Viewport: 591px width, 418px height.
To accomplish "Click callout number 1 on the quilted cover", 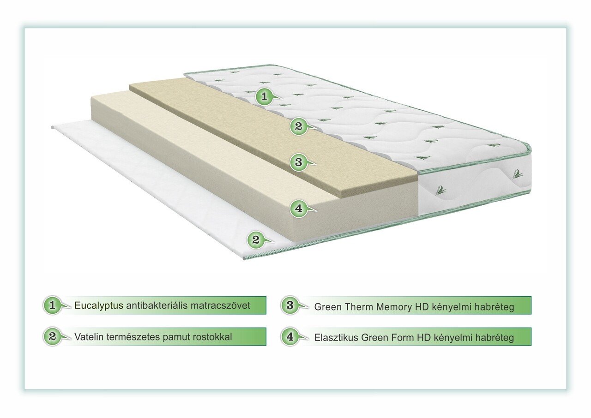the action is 264,97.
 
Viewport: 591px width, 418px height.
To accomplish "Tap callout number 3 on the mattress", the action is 298,162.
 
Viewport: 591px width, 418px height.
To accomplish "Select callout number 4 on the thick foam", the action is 298,209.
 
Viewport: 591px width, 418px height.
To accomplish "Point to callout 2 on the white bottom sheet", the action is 256,240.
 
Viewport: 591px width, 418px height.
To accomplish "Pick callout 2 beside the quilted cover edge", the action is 298,126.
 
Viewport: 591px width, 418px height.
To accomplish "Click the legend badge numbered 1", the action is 53,305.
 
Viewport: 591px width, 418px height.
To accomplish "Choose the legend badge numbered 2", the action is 53,336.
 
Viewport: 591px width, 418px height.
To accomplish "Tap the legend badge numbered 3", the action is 290,305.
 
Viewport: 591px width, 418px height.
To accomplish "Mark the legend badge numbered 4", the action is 290,336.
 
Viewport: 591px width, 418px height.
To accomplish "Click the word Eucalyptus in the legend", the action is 99,306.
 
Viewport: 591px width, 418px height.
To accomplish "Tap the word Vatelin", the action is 89,336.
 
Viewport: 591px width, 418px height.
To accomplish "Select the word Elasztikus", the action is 336,338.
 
